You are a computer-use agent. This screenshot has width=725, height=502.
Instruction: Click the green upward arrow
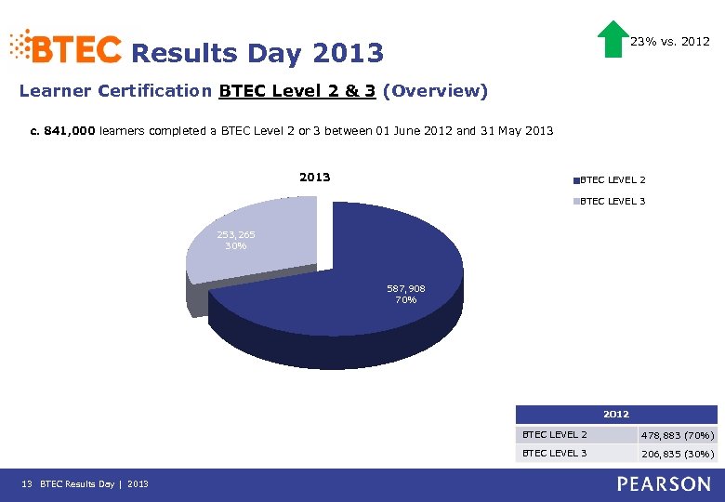pos(613,39)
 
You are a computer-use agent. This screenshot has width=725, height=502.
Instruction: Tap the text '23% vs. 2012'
pos(670,42)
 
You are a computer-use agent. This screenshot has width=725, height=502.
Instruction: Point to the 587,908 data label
pos(406,289)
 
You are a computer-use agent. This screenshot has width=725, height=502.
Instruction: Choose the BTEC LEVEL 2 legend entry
pos(612,179)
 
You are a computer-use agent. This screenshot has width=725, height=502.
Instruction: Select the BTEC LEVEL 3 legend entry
pos(612,201)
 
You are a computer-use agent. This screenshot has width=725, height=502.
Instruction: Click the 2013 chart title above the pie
pos(314,177)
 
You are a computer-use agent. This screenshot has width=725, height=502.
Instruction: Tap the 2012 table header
pos(616,414)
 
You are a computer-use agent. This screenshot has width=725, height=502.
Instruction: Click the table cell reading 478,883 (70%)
pos(677,435)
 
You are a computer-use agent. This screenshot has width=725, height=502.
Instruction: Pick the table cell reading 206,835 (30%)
pos(677,454)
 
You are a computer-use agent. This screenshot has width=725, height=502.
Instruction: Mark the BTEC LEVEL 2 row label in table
pos(555,434)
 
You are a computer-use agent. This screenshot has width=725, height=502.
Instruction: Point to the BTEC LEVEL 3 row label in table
pos(555,453)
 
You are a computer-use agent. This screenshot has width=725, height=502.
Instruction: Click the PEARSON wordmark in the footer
pos(662,483)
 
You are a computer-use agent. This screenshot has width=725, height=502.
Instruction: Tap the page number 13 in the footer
pos(26,483)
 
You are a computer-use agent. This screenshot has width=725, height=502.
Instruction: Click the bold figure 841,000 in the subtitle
pos(69,131)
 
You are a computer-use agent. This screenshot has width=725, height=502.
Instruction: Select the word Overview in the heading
pos(434,91)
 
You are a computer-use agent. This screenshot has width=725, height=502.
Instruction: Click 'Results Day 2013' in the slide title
pos(257,53)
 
